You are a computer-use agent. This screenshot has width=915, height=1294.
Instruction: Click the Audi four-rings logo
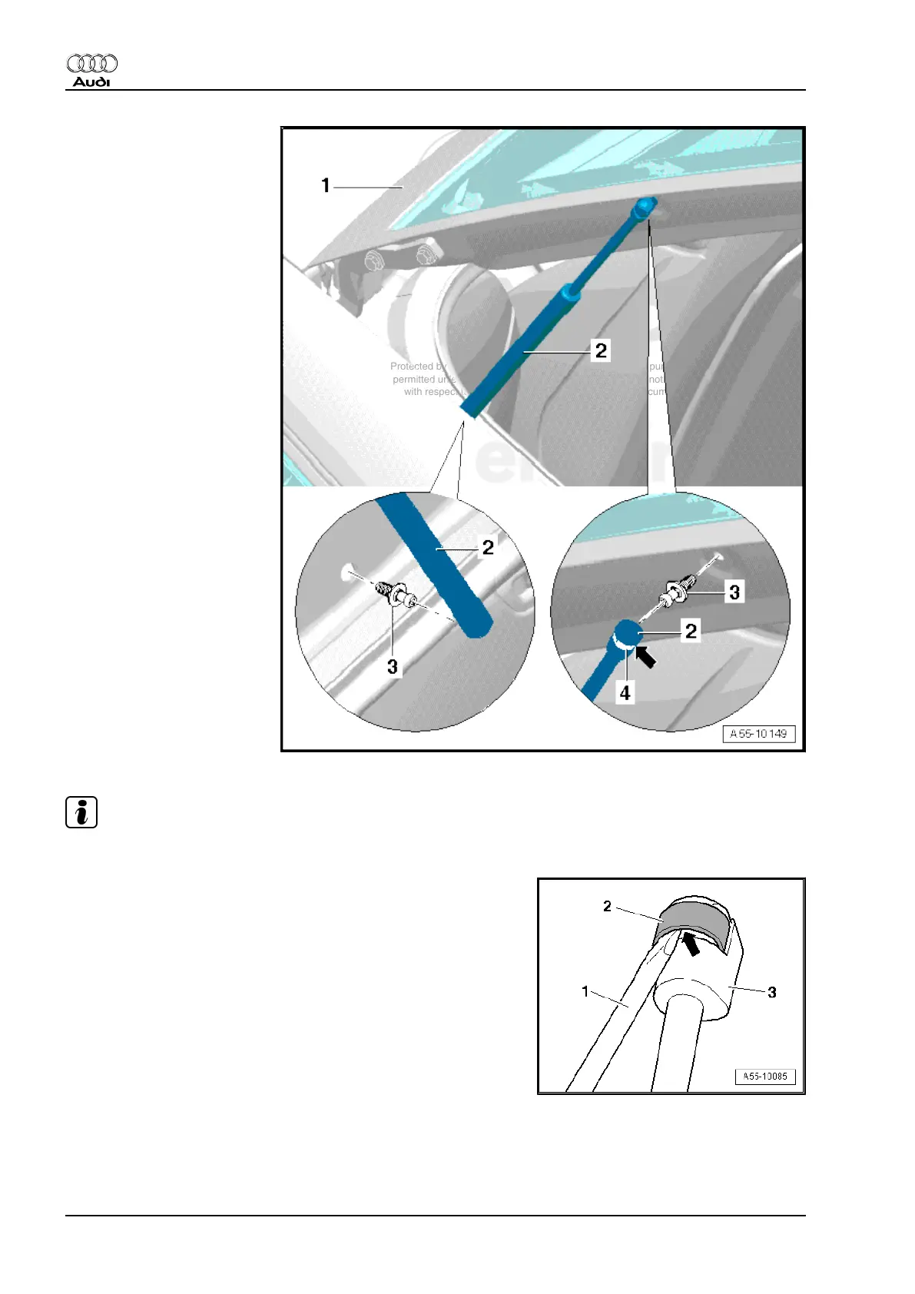click(x=92, y=63)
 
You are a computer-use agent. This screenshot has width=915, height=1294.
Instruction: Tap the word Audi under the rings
click(x=92, y=81)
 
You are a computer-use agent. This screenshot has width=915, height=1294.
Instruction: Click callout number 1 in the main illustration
click(x=326, y=185)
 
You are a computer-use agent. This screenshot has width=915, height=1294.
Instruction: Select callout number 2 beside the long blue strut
click(x=601, y=350)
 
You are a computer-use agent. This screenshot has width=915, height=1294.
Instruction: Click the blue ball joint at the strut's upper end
click(x=643, y=206)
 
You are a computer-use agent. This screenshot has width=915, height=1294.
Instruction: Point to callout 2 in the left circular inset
click(x=488, y=547)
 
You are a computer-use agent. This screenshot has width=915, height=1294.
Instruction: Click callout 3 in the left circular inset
click(x=393, y=666)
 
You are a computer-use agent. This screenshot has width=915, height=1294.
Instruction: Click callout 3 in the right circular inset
click(x=734, y=592)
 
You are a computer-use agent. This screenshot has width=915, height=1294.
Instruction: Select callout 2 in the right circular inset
click(x=691, y=631)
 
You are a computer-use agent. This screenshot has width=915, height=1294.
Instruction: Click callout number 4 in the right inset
click(x=625, y=693)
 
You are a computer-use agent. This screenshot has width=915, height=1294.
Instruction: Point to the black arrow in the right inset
click(x=647, y=657)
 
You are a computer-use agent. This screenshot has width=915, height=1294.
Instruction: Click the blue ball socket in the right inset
click(x=628, y=634)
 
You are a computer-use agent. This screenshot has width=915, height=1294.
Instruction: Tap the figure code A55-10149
click(x=758, y=734)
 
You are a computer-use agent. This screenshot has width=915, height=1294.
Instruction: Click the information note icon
click(x=81, y=812)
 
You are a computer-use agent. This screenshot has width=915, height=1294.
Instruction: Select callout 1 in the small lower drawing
click(x=585, y=991)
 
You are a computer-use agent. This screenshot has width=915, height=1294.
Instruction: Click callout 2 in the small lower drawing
click(x=607, y=907)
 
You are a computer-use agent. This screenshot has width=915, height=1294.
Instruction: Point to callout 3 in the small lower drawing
click(x=772, y=993)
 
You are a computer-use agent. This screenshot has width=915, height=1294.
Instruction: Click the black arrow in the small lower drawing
click(x=691, y=943)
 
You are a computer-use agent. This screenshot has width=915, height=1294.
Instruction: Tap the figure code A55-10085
click(x=764, y=1077)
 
